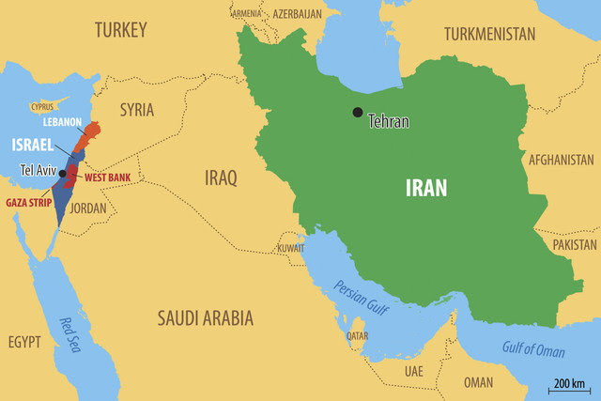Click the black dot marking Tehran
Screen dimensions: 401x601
357,113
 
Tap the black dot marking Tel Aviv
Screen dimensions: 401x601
62,174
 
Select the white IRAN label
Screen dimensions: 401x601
425,187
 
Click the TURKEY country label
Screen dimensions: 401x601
120,31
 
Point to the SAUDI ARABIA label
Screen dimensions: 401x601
205,318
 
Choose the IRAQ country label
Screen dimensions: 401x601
221,177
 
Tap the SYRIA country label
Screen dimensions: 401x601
136,110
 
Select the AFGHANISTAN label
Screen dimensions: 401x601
561,160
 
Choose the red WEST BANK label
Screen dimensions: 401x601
108,177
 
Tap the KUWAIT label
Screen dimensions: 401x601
290,249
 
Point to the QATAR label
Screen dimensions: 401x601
356,335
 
